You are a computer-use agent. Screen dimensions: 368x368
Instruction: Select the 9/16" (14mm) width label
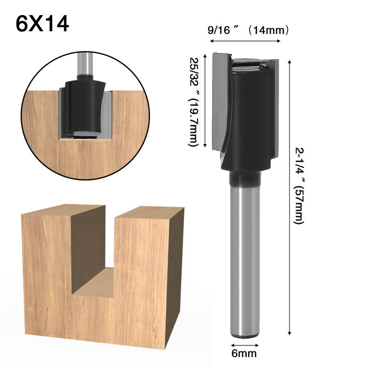pos(248,30)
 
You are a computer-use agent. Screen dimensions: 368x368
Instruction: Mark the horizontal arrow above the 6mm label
pos(245,345)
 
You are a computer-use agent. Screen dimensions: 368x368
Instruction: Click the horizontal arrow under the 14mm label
pos(245,41)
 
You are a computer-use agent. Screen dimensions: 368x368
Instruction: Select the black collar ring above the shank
pos(244,178)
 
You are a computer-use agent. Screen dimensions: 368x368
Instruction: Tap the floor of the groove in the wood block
pos(92,283)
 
